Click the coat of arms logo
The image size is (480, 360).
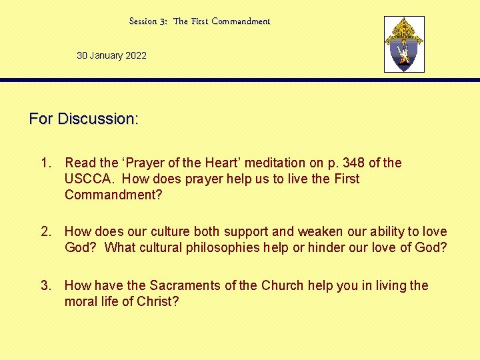pyautogui.click(x=404, y=45)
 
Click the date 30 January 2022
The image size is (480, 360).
pyautogui.click(x=111, y=55)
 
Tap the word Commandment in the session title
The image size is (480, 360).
pyautogui.click(x=241, y=21)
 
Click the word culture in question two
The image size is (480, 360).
pyautogui.click(x=169, y=232)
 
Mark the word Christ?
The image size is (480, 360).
pyautogui.click(x=158, y=302)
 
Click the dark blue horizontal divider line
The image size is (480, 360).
pyautogui.click(x=240, y=80)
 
